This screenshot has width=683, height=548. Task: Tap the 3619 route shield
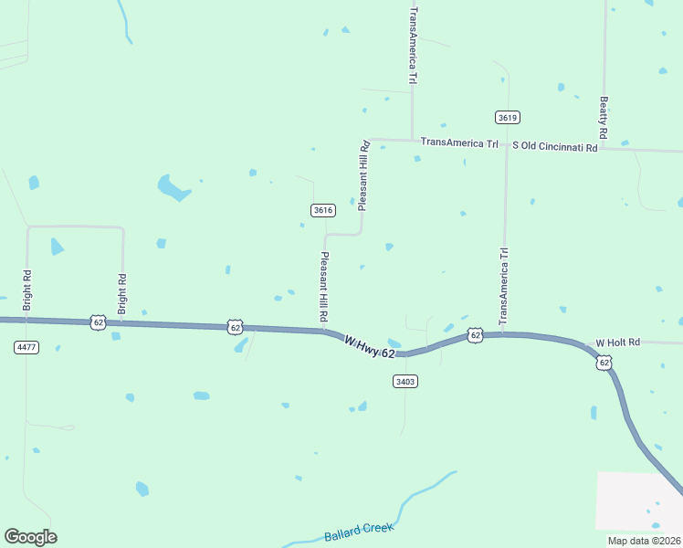509,117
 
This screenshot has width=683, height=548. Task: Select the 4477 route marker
26,347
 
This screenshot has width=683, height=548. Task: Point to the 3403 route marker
405,381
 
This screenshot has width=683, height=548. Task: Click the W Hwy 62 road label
370,347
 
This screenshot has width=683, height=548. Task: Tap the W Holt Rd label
618,342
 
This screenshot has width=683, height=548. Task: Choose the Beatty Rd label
604,117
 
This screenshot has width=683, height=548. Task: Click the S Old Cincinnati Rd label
554,146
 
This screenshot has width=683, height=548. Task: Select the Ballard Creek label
358,532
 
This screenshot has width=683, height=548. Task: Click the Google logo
30,537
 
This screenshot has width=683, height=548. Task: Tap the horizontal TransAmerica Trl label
459,143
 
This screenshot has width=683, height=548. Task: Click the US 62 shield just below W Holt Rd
604,363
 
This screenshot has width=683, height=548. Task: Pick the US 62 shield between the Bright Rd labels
99,322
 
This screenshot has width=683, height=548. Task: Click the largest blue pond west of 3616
172,187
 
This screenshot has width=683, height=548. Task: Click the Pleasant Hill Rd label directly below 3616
323,285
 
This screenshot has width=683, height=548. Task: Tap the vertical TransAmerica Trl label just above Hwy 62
502,286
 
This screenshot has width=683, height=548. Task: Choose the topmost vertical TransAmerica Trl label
414,46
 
